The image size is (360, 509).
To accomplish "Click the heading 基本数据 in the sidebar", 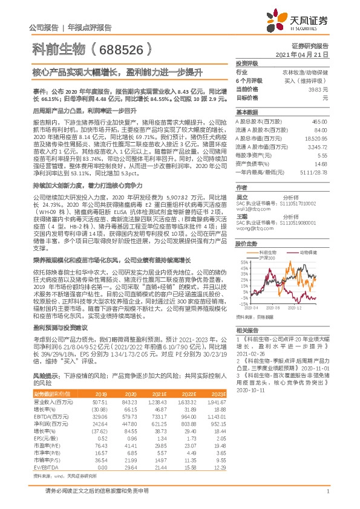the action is pos(247,112).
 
